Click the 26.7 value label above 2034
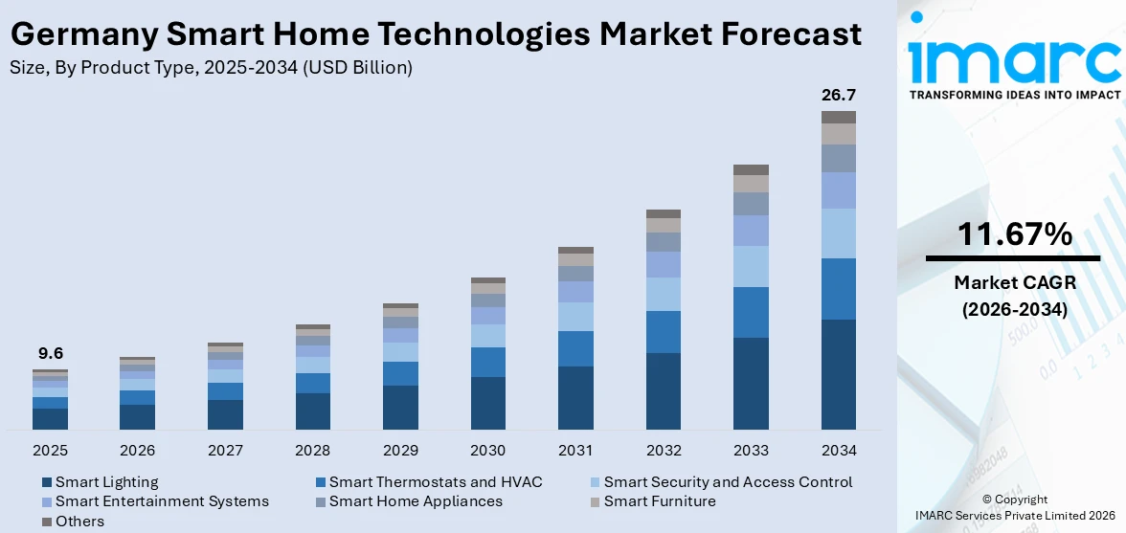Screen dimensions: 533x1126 838,95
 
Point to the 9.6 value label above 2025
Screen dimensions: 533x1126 50,353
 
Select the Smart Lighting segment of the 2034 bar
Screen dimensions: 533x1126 838,374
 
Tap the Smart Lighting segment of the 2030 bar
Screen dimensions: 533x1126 487,403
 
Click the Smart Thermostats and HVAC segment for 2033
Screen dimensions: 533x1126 751,312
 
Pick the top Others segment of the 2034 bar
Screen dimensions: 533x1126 838,117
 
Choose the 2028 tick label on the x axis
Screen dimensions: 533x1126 312,450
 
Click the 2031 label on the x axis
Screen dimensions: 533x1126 575,450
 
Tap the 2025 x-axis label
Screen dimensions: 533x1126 50,450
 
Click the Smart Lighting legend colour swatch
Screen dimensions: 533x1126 47,482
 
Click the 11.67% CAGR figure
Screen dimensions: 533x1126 1014,233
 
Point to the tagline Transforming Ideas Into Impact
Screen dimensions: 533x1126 1014,95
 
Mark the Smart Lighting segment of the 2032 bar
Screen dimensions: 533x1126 663,391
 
